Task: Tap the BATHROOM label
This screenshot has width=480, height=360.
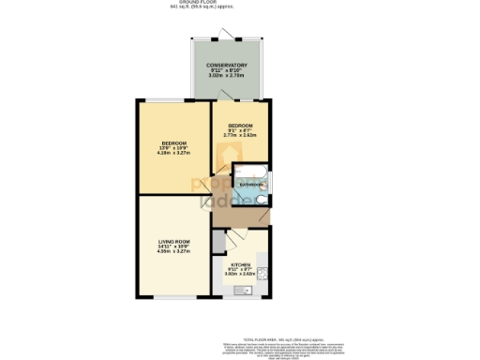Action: click(250, 186)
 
